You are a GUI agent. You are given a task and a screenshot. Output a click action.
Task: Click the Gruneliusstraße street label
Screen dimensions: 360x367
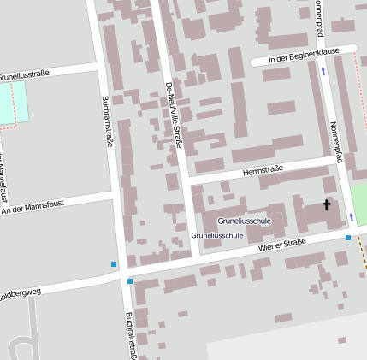point(25,74)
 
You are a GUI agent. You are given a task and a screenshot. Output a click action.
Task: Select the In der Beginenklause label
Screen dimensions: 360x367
point(304,57)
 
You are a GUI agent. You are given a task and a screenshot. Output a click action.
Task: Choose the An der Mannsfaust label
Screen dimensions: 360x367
point(33,205)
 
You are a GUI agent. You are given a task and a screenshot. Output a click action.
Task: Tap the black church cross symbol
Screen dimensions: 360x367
point(325,204)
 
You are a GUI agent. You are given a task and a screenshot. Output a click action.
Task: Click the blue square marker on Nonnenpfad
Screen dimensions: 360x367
point(348,238)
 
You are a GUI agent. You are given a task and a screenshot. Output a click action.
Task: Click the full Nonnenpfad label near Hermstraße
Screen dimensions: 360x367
point(335,139)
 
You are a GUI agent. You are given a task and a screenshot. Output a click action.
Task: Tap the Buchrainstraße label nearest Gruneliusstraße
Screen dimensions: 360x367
point(109,120)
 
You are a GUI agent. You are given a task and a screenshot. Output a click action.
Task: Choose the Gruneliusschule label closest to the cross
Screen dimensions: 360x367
point(244,221)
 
